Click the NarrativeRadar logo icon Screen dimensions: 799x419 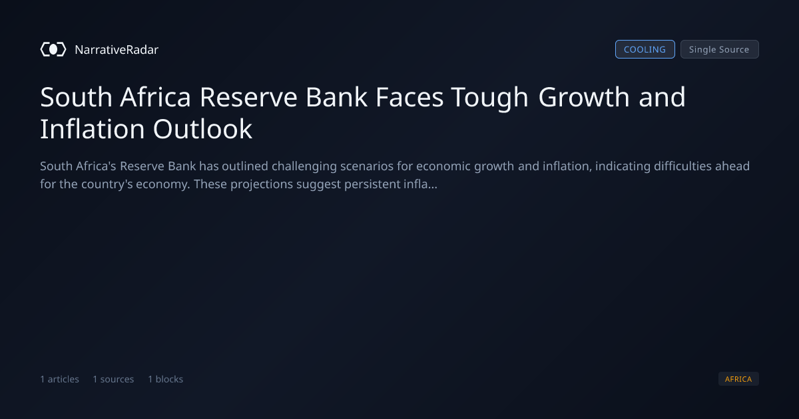tap(53, 49)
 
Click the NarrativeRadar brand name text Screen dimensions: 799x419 tap(117, 49)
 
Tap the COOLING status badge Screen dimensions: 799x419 tap(645, 49)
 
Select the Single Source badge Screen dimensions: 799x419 tap(720, 49)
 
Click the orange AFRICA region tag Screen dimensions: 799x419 tap(738, 378)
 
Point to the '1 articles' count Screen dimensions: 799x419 tap(59, 379)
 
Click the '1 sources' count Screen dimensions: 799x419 tap(113, 379)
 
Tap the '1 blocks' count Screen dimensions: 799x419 tap(166, 379)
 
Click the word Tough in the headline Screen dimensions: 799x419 tap(489, 98)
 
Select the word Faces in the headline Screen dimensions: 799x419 tap(409, 97)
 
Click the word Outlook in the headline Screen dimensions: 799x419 tap(202, 129)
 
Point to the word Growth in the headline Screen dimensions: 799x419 tap(584, 97)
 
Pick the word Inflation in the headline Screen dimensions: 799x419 tap(93, 129)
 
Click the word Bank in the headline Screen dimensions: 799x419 tap(336, 97)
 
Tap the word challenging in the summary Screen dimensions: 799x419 tap(304, 167)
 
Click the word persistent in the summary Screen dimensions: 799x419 tap(372, 185)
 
